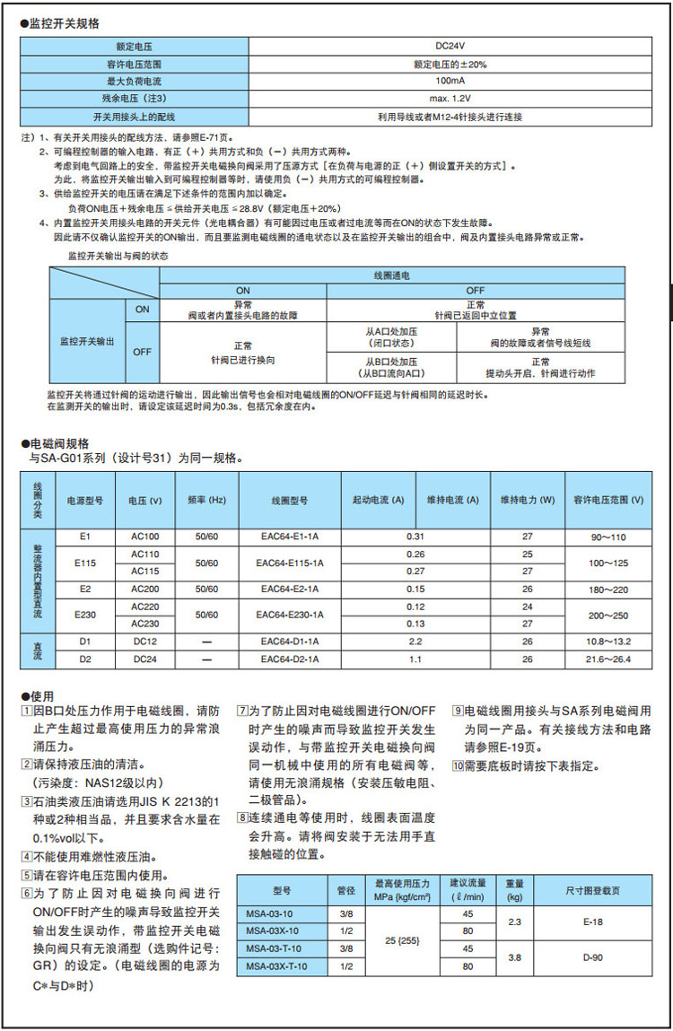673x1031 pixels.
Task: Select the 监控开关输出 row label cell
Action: [86, 341]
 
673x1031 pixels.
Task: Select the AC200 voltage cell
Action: [145, 590]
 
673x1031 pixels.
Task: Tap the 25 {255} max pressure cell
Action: [404, 940]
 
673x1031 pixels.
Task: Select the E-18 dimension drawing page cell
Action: [592, 922]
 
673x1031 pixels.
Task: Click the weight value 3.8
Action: [515, 957]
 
